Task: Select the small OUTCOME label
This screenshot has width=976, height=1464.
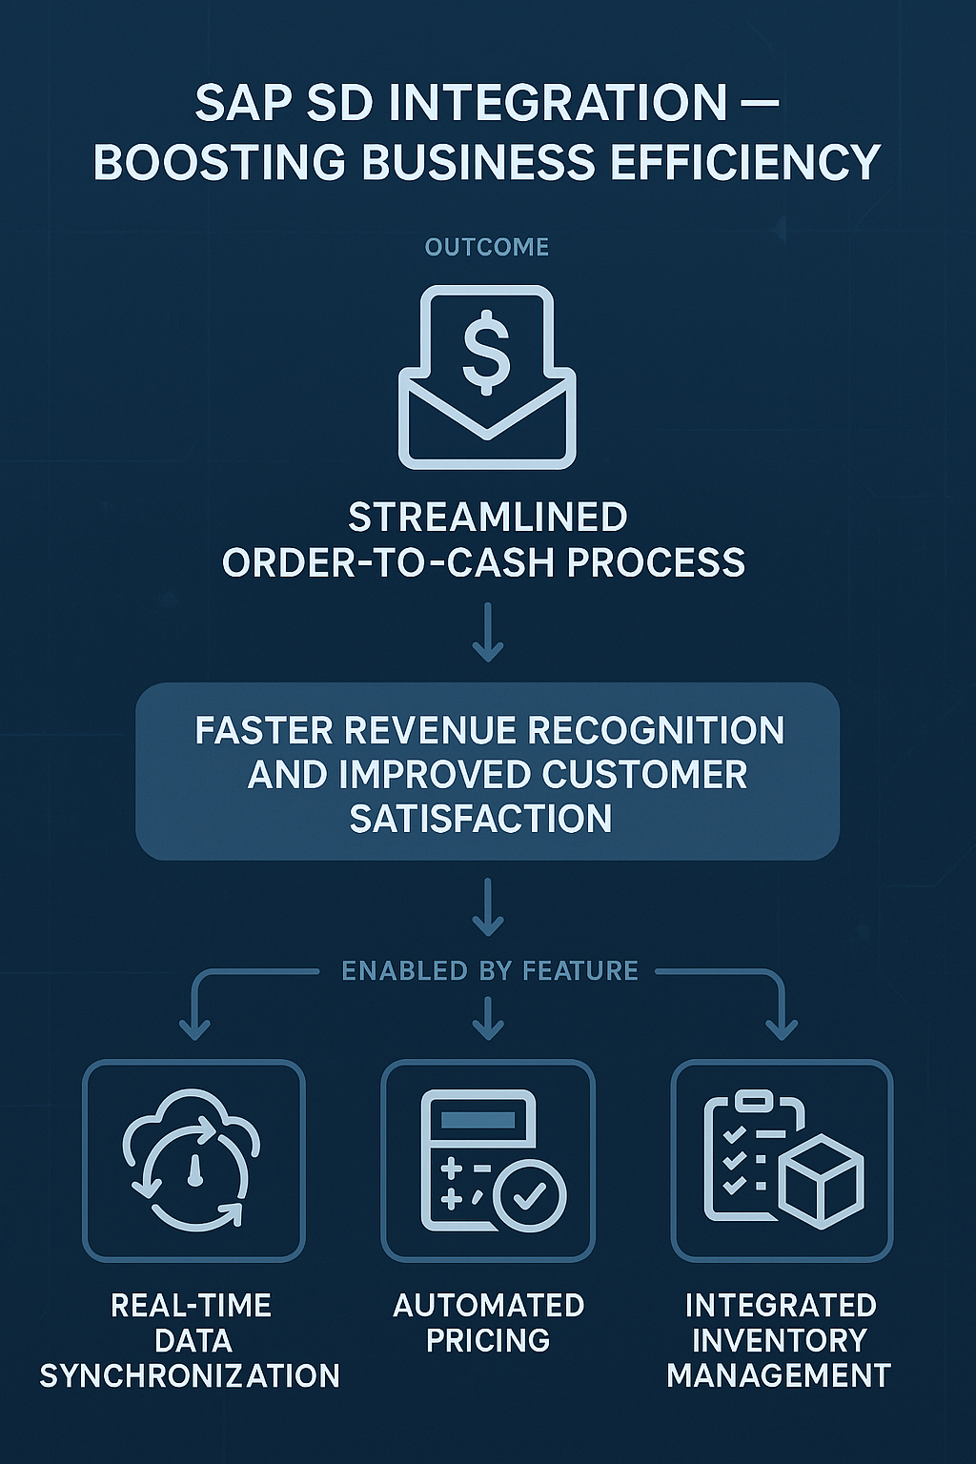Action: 487,247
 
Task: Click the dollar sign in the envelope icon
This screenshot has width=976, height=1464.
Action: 486,352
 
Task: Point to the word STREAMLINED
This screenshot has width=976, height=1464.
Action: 487,518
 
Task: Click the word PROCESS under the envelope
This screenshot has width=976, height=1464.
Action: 656,562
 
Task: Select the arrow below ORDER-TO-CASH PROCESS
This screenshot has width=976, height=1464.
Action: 488,634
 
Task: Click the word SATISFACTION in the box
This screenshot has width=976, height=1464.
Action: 480,819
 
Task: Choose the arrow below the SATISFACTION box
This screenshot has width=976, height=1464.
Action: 488,910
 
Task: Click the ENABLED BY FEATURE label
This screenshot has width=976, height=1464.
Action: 490,971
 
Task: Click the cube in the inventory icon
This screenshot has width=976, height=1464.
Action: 821,1182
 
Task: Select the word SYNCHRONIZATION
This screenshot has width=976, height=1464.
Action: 190,1375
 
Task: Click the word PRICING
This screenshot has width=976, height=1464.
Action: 488,1340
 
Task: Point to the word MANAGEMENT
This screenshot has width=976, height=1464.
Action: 779,1375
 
